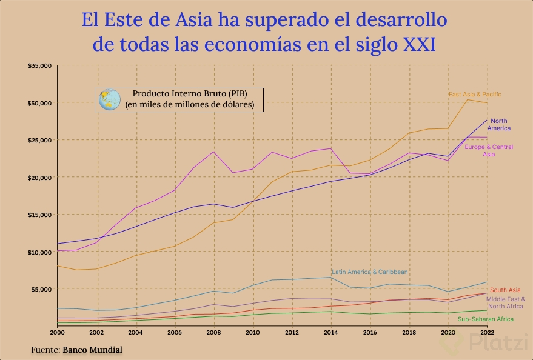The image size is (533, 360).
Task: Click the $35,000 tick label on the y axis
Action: [x=39, y=65]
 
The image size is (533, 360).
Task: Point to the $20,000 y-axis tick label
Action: [x=39, y=177]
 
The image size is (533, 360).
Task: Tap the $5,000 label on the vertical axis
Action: [x=41, y=289]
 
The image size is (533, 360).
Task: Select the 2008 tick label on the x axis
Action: [x=213, y=333]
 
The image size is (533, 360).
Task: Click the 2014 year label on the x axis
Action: [x=330, y=333]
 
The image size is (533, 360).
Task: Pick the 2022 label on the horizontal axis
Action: [x=486, y=333]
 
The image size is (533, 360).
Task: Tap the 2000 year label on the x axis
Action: [x=57, y=333]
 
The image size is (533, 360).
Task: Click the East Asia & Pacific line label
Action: [x=475, y=95]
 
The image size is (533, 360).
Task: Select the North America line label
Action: [x=500, y=125]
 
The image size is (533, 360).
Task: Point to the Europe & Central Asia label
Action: [x=489, y=151]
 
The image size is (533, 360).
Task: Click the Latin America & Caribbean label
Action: [x=370, y=272]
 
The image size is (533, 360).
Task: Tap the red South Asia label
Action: [x=505, y=290]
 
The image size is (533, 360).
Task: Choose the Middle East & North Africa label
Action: [x=506, y=302]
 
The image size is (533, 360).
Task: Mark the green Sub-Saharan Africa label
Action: [x=486, y=319]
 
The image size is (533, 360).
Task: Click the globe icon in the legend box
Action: [x=110, y=100]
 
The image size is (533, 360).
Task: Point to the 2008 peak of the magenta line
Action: [x=213, y=152]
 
